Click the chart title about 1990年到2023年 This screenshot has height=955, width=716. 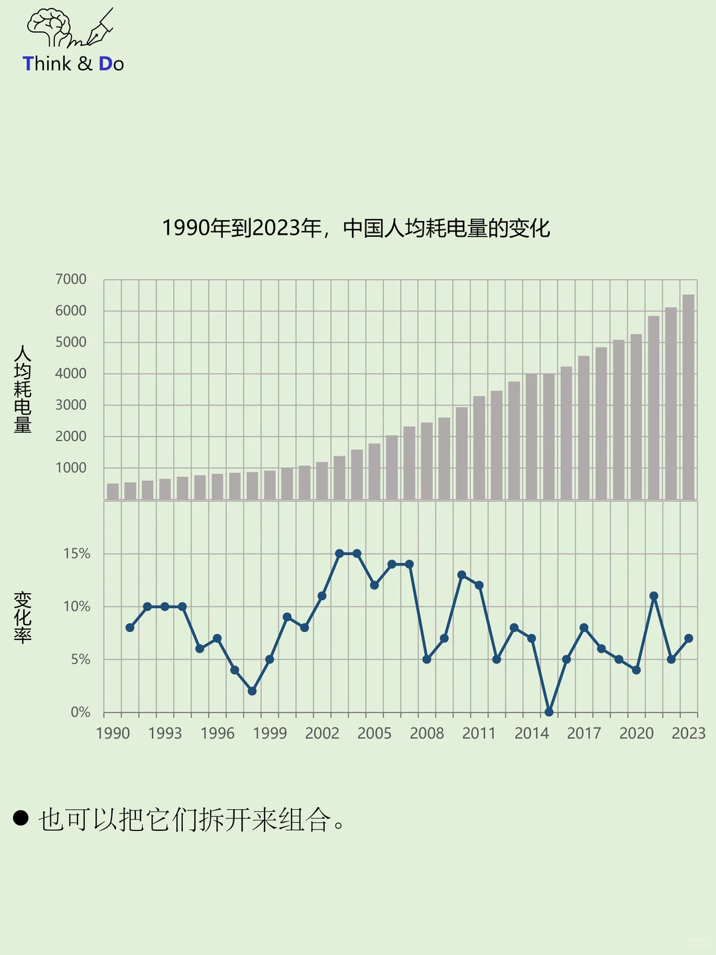(x=356, y=228)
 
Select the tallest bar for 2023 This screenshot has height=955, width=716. (x=688, y=397)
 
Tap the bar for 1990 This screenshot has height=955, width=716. (x=113, y=491)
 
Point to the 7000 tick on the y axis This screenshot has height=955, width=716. (x=71, y=279)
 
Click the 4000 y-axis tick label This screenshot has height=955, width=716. (x=71, y=373)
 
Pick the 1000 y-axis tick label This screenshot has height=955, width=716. (x=71, y=468)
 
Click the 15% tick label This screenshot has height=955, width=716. (x=77, y=554)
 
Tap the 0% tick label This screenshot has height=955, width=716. (x=80, y=712)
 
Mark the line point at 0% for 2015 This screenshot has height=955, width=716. (x=549, y=712)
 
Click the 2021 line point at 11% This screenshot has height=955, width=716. (x=654, y=596)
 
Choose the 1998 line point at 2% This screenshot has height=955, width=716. (x=252, y=691)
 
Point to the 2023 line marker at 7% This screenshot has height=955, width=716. (x=688, y=638)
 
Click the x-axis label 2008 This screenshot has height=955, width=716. (x=426, y=733)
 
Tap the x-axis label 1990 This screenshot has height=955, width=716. (x=113, y=733)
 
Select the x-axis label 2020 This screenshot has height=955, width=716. (x=636, y=733)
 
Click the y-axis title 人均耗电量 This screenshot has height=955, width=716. (x=23, y=389)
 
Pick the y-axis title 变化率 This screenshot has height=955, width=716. (x=23, y=617)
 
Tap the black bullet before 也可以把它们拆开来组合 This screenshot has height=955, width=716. (x=21, y=818)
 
